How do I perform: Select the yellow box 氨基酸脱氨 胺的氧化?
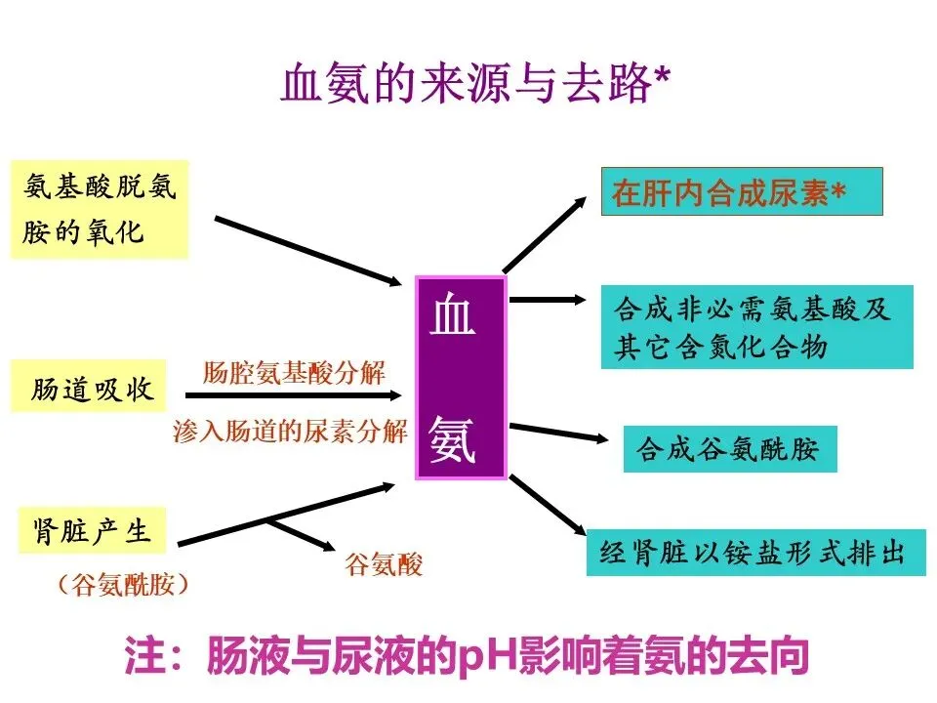pyautogui.click(x=99, y=209)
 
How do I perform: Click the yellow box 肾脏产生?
pyautogui.click(x=91, y=532)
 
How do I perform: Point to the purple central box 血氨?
pyautogui.click(x=461, y=377)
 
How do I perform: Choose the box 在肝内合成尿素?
pyautogui.click(x=741, y=191)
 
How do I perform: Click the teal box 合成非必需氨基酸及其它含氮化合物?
pyautogui.click(x=756, y=327)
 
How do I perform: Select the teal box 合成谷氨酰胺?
pyautogui.click(x=729, y=449)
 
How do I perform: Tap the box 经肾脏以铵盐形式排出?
pyautogui.click(x=754, y=552)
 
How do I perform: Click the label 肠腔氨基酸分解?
pyautogui.click(x=294, y=372)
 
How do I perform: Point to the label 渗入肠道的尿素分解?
pyautogui.click(x=290, y=433)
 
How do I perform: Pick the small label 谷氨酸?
pyautogui.click(x=383, y=563)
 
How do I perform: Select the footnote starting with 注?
pyautogui.click(x=467, y=656)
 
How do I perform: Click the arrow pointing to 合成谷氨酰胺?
pyautogui.click(x=558, y=433)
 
